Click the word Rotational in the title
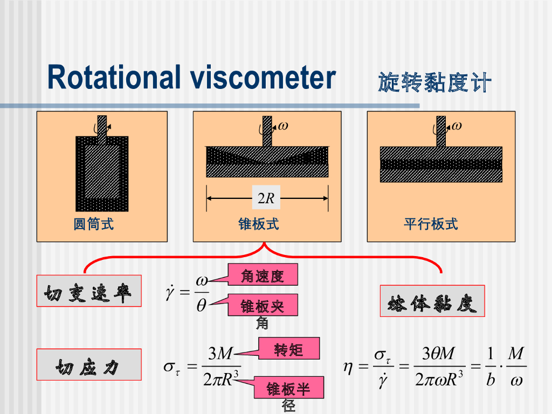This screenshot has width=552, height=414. click(x=114, y=77)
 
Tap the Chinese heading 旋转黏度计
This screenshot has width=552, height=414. click(x=434, y=82)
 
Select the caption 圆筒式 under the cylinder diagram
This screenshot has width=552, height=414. click(x=94, y=224)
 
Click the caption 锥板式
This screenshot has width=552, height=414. click(x=259, y=224)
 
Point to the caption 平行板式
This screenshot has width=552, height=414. click(x=431, y=224)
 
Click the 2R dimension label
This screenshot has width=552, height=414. click(x=266, y=198)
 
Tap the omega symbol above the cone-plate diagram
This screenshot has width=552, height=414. click(x=283, y=126)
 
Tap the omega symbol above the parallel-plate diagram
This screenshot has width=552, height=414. click(x=457, y=126)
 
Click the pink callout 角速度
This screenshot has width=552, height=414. click(x=263, y=276)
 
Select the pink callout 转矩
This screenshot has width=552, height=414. click(x=289, y=350)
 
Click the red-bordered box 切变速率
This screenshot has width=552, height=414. click(x=89, y=291)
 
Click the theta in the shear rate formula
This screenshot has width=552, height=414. click(x=202, y=306)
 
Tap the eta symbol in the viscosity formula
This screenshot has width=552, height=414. click(x=349, y=368)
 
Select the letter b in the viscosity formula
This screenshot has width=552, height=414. click(x=490, y=379)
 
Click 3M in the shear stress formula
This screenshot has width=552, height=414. click(x=220, y=354)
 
